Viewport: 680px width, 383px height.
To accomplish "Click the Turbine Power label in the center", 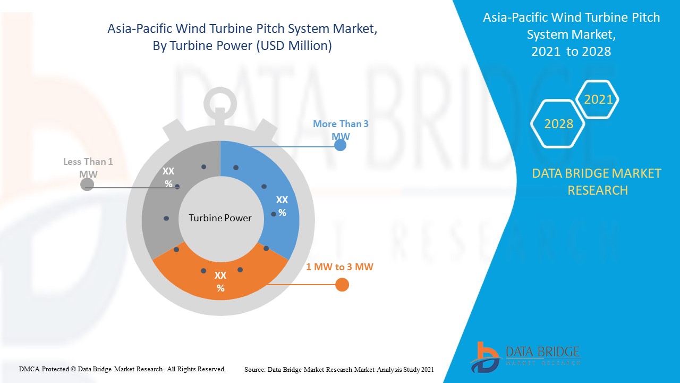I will click(x=220, y=218).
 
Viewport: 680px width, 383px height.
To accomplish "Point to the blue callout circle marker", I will click(x=341, y=145).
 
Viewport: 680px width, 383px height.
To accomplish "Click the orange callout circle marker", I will click(x=343, y=285).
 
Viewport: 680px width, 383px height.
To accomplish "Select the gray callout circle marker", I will click(x=87, y=185).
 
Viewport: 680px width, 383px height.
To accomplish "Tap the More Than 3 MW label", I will click(x=341, y=129).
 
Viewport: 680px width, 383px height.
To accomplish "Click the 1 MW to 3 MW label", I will click(x=339, y=267).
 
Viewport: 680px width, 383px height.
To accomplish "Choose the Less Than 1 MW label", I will click(x=88, y=168).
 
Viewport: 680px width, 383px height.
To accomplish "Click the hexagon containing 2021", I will click(x=598, y=99).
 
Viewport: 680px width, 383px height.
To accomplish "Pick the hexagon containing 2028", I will click(x=558, y=124).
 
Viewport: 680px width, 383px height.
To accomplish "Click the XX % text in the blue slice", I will click(x=282, y=206).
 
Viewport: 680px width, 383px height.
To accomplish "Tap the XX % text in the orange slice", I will click(x=220, y=282).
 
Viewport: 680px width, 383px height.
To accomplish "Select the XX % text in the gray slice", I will click(x=168, y=178).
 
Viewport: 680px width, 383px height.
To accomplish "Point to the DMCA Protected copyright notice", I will click(x=122, y=369).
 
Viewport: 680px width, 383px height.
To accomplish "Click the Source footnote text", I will click(x=339, y=369).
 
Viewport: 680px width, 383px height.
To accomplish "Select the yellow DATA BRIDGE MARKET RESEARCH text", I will click(x=597, y=181).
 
